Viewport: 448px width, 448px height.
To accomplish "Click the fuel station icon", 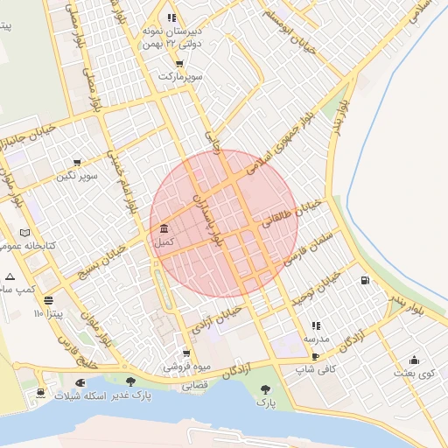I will [364, 281].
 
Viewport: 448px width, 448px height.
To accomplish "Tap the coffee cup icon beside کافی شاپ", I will [315, 357].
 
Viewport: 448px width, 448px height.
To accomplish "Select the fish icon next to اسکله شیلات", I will [81, 381].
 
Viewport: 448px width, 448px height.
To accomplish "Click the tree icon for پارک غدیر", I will [130, 381].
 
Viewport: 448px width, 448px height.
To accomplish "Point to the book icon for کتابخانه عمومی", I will [24, 233].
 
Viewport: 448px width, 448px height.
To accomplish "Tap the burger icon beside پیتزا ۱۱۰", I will [47, 298].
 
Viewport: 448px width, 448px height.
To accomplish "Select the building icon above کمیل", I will [164, 227].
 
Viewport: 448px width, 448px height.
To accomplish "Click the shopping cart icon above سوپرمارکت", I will [179, 63].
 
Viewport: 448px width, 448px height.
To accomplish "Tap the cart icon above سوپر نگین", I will [77, 162].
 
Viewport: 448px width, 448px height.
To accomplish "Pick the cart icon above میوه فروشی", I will [185, 353].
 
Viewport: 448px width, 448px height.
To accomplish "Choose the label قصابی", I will [193, 384].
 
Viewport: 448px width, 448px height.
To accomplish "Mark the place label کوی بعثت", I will [414, 374].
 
